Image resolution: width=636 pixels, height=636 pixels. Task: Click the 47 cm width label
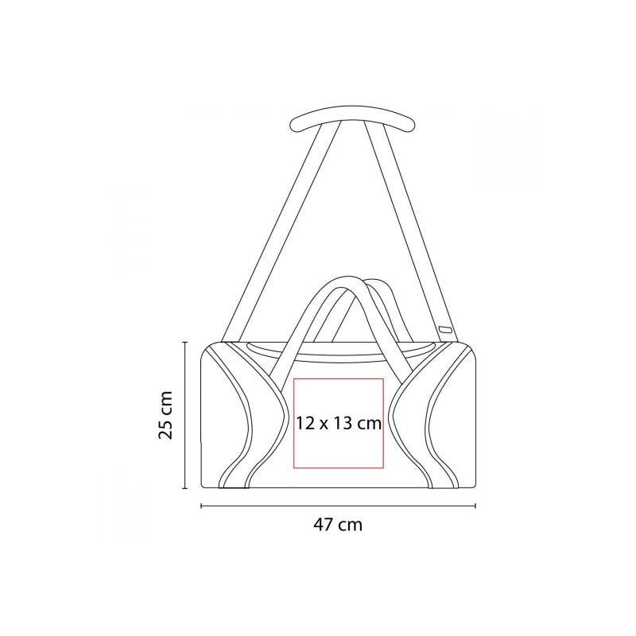click(x=338, y=525)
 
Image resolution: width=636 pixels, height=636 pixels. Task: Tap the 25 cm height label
click(x=166, y=415)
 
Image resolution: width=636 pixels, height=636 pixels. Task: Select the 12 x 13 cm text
click(x=339, y=424)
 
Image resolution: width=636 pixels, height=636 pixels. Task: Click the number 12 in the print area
click(x=305, y=424)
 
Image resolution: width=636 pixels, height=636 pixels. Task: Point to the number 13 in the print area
click(x=343, y=424)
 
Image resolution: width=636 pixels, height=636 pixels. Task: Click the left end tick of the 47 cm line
click(x=202, y=506)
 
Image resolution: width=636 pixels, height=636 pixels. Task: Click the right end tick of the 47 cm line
click(x=475, y=506)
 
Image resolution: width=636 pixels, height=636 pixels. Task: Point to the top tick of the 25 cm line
click(x=185, y=343)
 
